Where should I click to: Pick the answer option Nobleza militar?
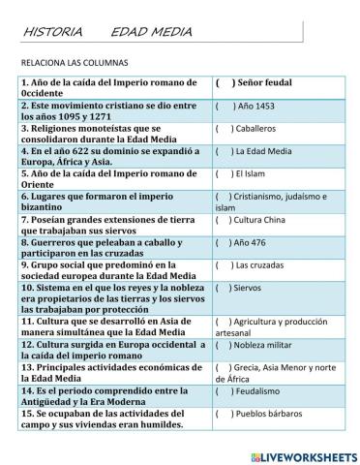coord(269,345)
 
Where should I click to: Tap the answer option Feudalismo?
coord(263,391)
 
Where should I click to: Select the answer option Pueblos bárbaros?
coord(274,414)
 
